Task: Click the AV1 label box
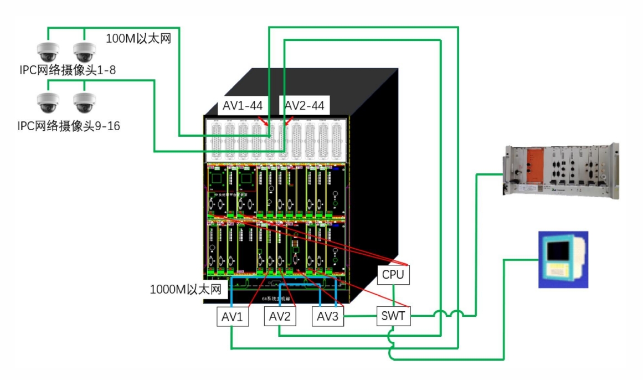tap(232, 316)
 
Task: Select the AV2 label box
tap(280, 316)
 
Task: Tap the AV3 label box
tap(327, 316)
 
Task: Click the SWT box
tap(393, 316)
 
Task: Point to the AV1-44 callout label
tap(243, 105)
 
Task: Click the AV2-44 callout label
tap(305, 105)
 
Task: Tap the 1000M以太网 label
tap(186, 289)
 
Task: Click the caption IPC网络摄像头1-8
tap(66, 70)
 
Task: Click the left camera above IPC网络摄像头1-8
tap(48, 52)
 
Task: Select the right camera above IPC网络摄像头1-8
tap(84, 52)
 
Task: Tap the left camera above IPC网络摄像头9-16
tap(48, 102)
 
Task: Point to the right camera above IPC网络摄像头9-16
tap(84, 102)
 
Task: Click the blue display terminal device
tap(563, 260)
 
